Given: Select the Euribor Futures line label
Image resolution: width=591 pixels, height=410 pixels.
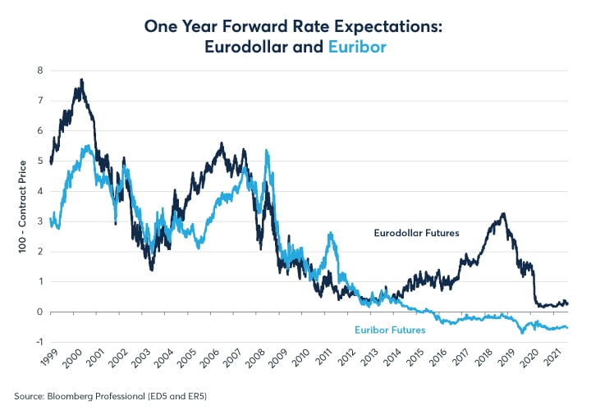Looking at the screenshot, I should point(390,330).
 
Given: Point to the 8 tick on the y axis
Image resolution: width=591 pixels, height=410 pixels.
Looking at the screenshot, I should point(39,71).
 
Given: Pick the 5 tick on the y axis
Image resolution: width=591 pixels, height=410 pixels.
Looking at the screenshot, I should point(39,162).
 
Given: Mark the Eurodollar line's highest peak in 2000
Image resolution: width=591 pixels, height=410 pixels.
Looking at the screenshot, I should point(82,80).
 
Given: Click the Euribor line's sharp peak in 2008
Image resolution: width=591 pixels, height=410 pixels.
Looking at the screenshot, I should point(267,150).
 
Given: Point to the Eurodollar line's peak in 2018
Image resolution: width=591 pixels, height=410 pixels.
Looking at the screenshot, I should point(503,214).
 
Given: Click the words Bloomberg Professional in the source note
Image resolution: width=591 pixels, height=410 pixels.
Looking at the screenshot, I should point(80,394).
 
